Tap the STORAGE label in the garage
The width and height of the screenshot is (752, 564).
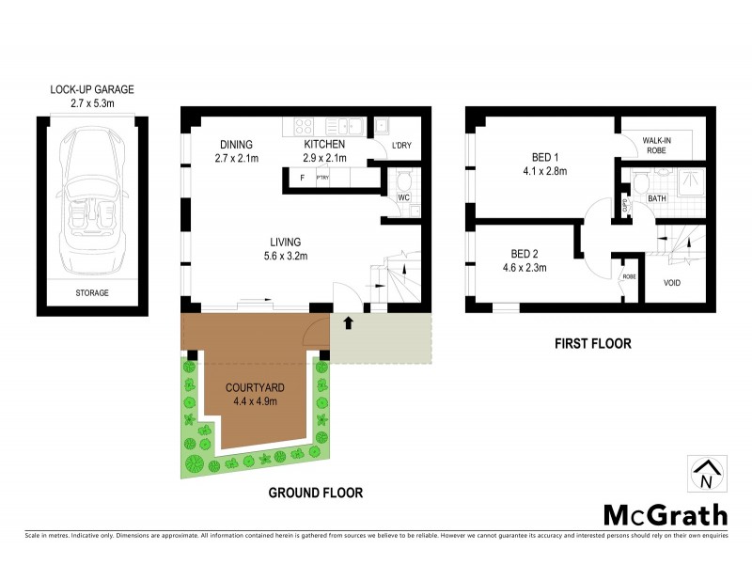(92, 292)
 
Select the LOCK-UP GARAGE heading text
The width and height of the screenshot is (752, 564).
(92, 90)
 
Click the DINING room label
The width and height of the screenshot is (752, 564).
(237, 144)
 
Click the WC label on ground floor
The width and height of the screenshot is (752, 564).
(402, 198)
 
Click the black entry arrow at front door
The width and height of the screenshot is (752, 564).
(349, 323)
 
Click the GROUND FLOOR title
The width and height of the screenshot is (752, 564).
(315, 492)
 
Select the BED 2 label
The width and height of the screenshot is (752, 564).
(527, 254)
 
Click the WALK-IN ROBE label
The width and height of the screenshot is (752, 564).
(655, 143)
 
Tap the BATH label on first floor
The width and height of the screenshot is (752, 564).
(657, 198)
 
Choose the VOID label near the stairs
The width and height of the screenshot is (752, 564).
(672, 282)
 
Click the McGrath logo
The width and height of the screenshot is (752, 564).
(665, 514)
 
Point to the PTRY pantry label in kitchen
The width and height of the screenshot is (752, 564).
(322, 177)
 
